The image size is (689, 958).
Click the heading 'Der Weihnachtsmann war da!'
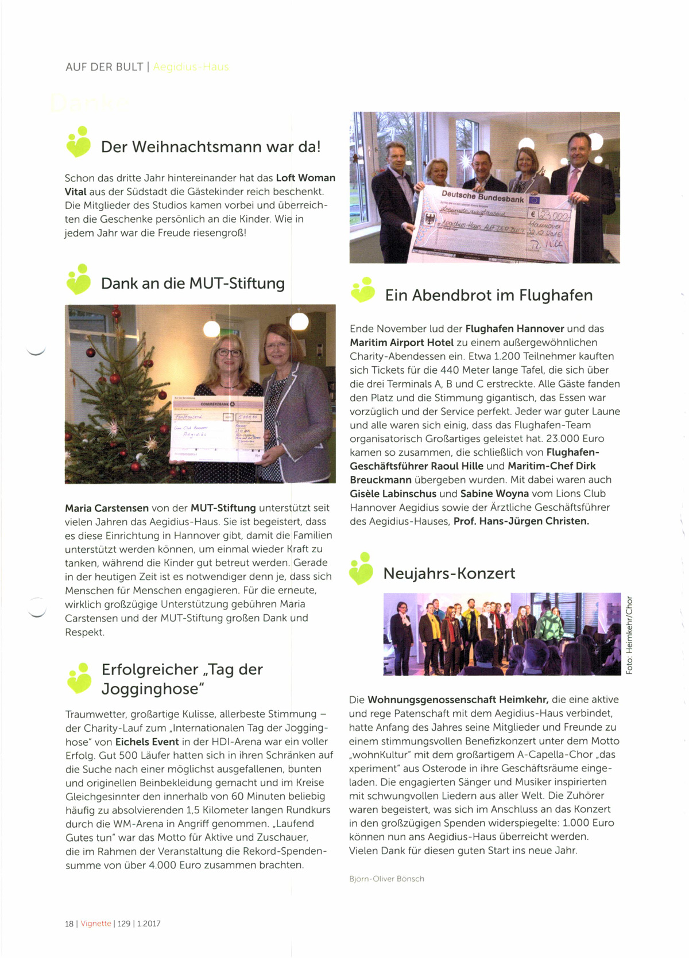210,147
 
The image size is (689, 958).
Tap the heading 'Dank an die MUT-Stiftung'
192,284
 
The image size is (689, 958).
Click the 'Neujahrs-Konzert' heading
449,573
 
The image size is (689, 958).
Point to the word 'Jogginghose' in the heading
153,689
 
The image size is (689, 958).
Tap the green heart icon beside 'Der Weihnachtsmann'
79,142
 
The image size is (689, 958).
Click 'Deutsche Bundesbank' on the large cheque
482,197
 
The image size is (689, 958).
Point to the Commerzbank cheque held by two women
218,428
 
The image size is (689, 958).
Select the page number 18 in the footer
69,924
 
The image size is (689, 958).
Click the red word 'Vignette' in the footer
96,924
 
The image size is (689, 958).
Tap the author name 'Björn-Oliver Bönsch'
386,879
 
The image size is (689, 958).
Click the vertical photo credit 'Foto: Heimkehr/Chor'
629,635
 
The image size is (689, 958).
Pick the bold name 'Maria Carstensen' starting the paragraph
107,508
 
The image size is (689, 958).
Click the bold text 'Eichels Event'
147,742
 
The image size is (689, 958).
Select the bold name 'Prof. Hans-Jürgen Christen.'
521,521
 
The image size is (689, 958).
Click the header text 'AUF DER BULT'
104,67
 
